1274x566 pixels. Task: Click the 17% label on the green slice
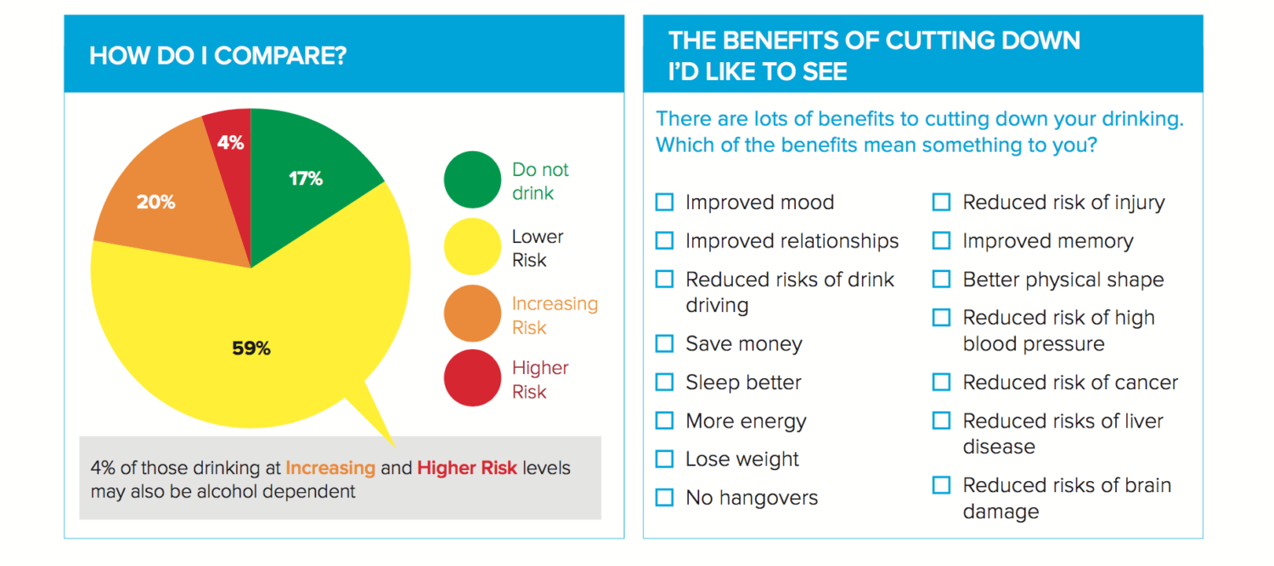(x=306, y=178)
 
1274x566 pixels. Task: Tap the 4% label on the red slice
(x=230, y=142)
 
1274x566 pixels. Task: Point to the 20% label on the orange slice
(x=155, y=201)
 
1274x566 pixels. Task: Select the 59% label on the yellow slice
(x=251, y=348)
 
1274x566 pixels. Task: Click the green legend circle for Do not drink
(x=472, y=180)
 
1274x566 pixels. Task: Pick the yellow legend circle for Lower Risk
(x=472, y=246)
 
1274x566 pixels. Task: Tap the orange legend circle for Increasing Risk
(x=472, y=313)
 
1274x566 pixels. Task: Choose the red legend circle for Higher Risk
(x=472, y=377)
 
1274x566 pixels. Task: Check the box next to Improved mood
(x=664, y=202)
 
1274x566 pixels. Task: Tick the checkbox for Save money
(x=664, y=343)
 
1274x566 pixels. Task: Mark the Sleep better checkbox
(x=664, y=382)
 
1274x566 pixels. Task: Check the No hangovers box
(x=664, y=497)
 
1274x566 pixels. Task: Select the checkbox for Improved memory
(x=941, y=241)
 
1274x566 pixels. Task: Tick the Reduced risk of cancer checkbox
(x=941, y=382)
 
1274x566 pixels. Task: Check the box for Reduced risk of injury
(x=941, y=202)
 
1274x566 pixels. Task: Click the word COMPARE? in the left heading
(x=280, y=56)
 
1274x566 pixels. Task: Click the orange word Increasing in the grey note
(x=330, y=467)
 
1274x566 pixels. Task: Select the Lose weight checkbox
(x=664, y=458)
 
